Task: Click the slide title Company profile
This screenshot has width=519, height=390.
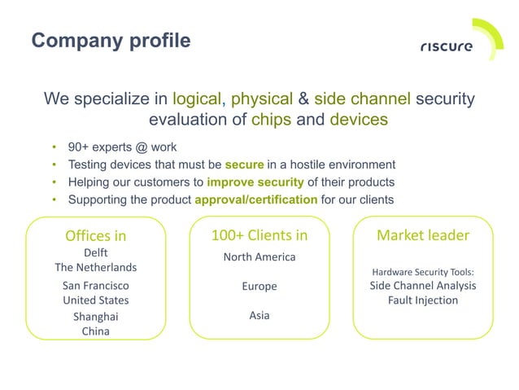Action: [111, 40]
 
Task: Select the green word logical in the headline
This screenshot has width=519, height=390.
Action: [198, 99]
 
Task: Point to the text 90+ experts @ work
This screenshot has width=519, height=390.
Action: [123, 147]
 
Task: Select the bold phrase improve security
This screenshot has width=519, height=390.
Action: [255, 182]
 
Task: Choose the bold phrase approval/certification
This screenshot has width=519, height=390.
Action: [256, 199]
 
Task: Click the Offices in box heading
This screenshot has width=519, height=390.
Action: [96, 236]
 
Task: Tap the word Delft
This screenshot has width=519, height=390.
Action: [96, 253]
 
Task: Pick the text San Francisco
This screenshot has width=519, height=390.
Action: [96, 286]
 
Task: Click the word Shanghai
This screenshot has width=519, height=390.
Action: [96, 317]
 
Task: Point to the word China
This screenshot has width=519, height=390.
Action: [96, 331]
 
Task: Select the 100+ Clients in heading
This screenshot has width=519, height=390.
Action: [259, 235]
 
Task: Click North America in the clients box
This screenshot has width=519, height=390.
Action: [259, 257]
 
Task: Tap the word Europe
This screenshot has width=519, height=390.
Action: [259, 287]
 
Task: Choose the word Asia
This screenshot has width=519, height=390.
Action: [259, 315]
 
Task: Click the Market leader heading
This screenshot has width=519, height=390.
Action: [423, 235]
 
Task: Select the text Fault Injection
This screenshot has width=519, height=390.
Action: [423, 300]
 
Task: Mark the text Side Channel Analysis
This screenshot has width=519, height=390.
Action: [423, 286]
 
